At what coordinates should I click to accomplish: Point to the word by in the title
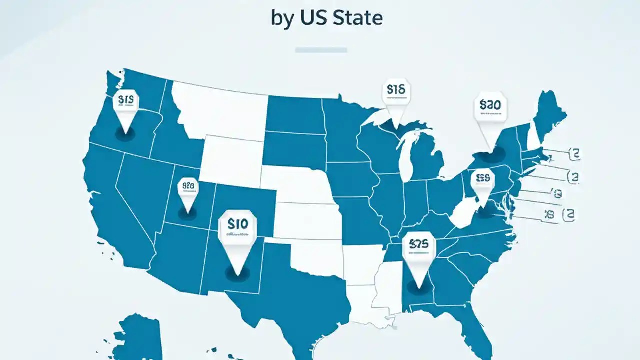pos(282,19)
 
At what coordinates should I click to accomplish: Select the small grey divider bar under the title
pos(321,50)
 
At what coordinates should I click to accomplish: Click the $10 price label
pos(237,225)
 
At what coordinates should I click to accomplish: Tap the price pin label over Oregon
pos(125,100)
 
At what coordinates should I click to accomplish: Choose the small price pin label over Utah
pos(188,186)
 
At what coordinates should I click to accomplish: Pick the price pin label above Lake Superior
pos(396,90)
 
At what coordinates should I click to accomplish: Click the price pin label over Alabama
pos(419,245)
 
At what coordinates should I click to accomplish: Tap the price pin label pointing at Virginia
pos(482,178)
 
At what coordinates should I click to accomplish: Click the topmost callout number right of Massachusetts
pos(575,153)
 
